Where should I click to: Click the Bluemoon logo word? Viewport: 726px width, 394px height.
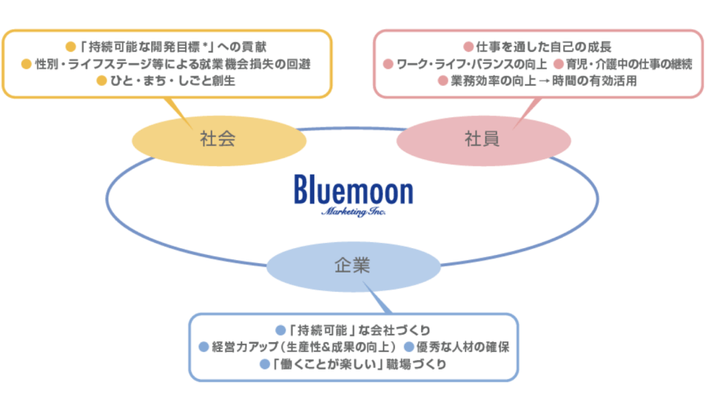click(352, 191)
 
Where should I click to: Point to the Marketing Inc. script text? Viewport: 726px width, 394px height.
click(354, 212)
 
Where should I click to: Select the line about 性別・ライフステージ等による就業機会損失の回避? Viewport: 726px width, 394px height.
click(170, 64)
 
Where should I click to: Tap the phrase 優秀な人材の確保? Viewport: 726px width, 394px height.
click(462, 347)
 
